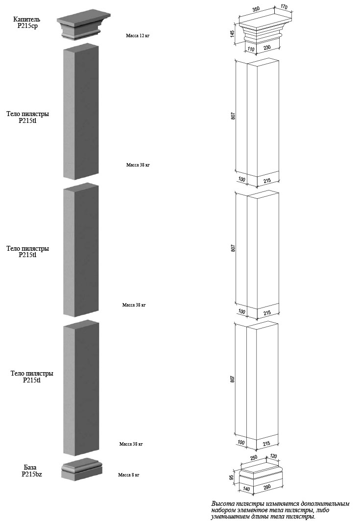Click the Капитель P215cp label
point(26,23)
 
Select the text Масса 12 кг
point(138,36)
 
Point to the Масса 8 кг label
point(128,475)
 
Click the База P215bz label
point(30,471)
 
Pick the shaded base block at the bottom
point(82,470)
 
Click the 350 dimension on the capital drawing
point(256,9)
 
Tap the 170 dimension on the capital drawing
point(284,7)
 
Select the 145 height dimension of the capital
point(233,34)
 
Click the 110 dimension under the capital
point(251,49)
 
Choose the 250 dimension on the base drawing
point(254,458)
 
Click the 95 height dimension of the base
point(232,478)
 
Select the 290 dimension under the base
point(266,487)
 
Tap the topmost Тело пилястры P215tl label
point(27,117)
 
